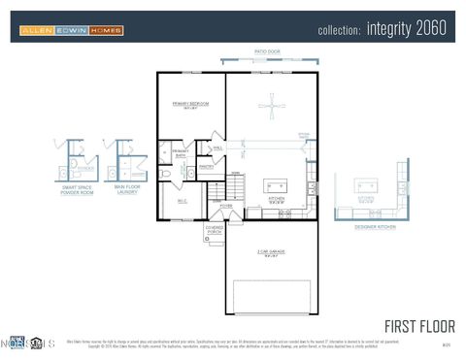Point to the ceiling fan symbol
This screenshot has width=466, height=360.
271,106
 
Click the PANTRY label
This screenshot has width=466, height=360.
206,166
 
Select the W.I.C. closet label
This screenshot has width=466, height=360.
182,201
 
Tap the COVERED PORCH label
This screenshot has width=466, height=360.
214,230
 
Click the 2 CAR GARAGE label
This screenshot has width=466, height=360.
270,253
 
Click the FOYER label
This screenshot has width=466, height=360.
225,206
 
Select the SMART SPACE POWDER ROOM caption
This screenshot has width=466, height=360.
78,190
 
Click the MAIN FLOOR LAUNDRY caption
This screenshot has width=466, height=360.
126,190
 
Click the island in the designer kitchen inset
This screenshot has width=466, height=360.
366,184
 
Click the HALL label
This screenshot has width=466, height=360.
217,147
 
